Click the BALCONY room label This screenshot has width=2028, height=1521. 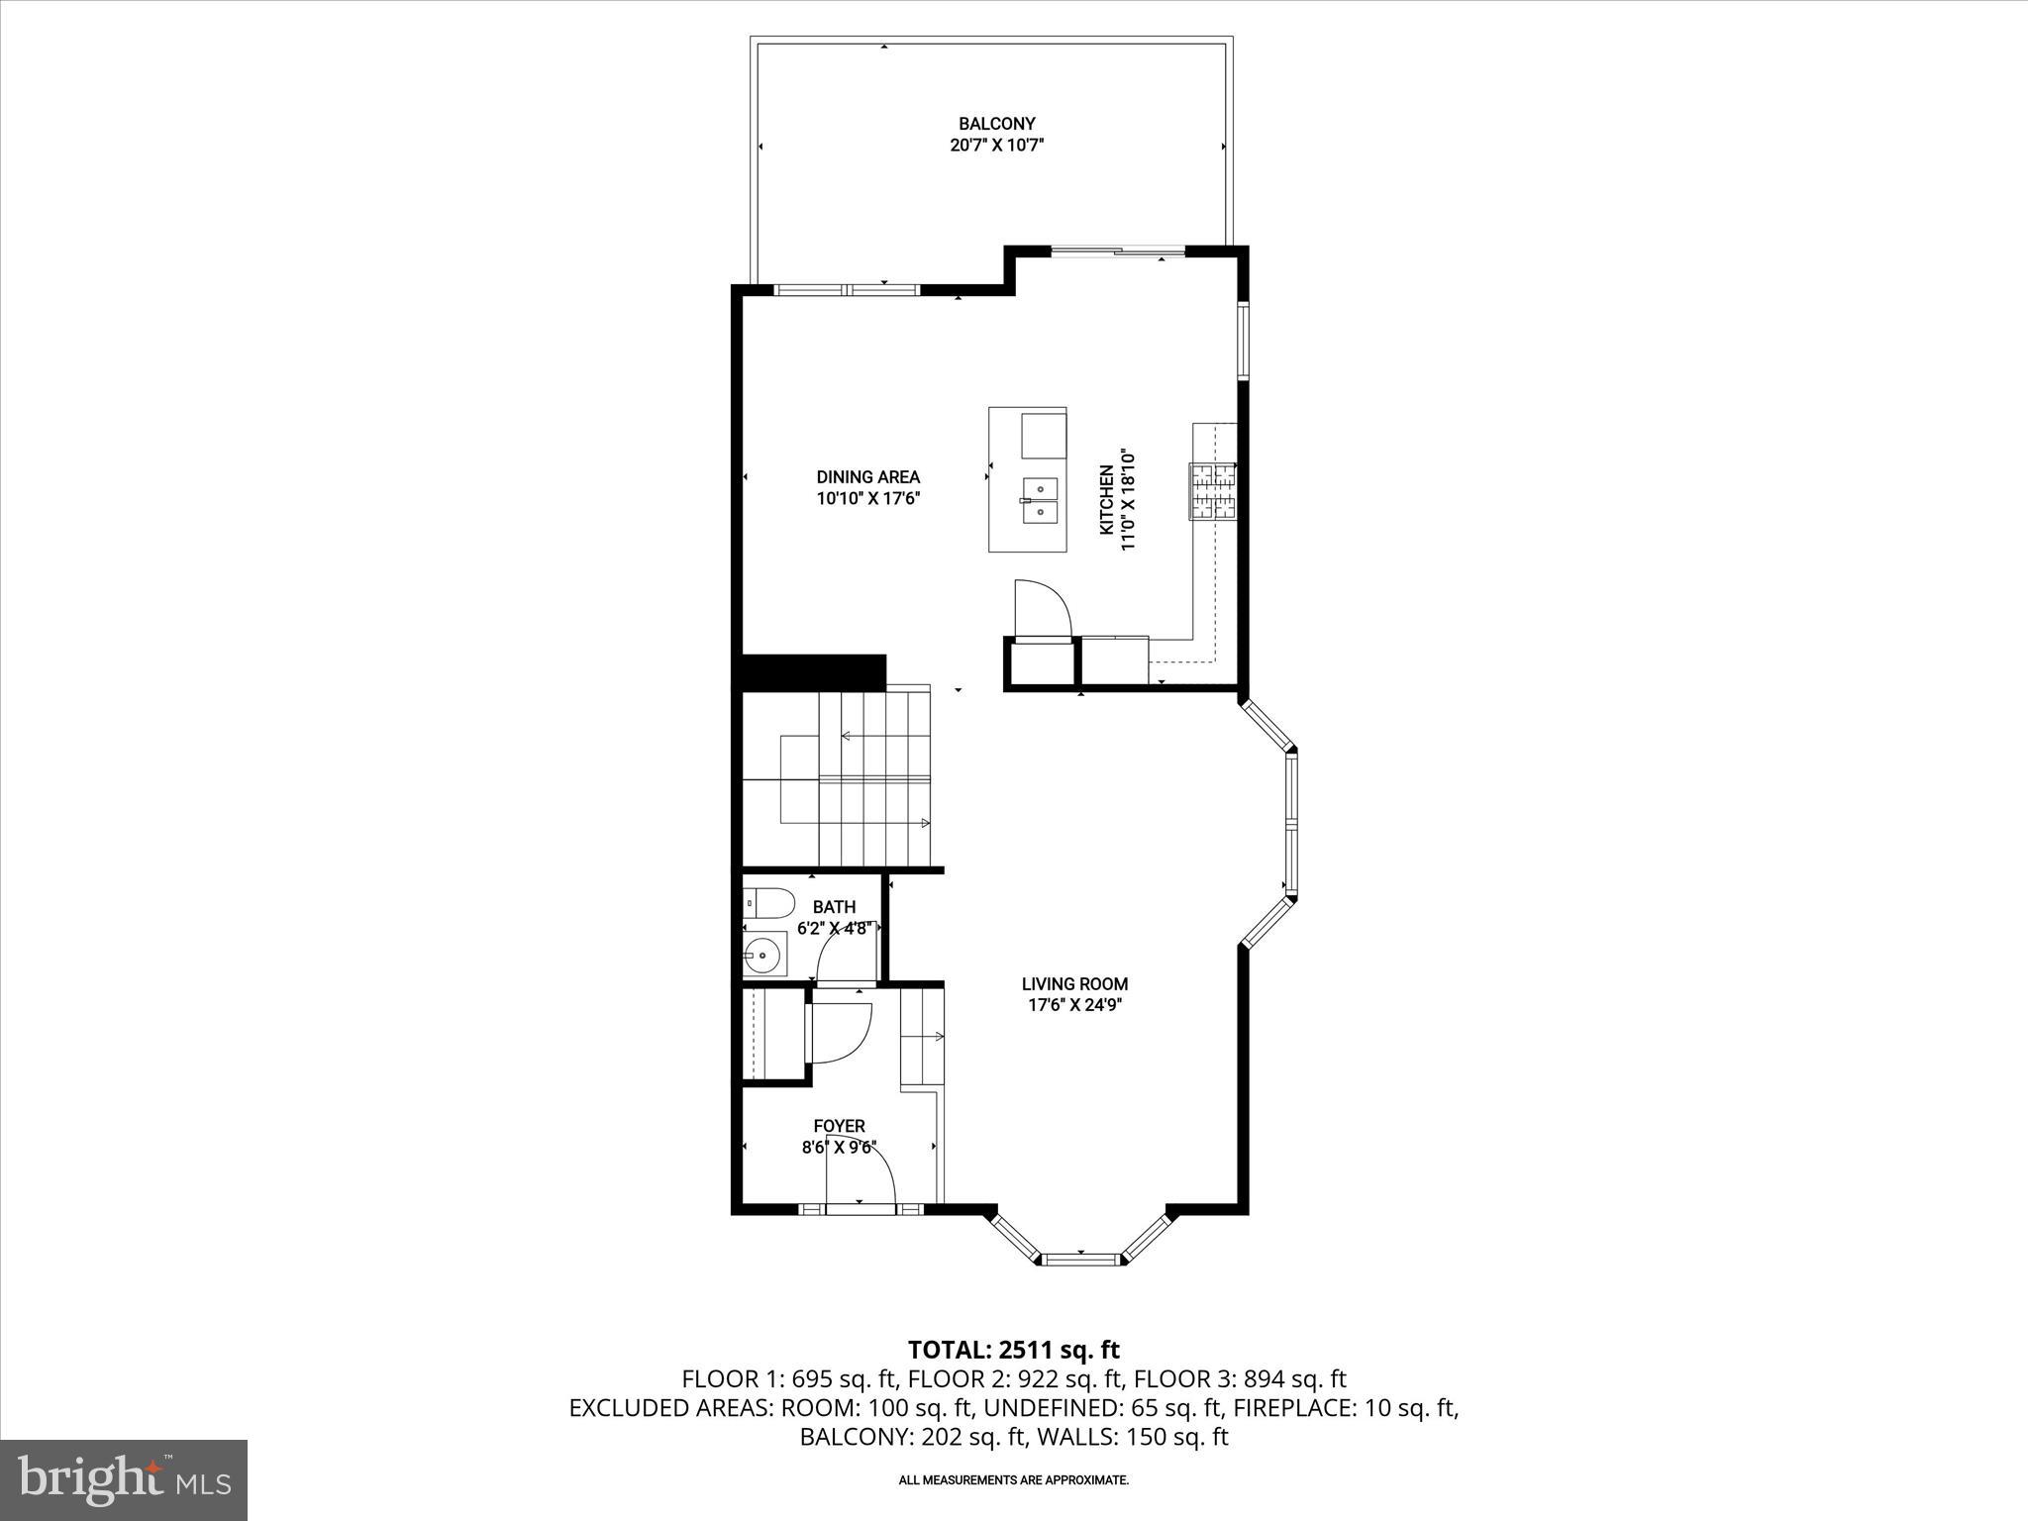coord(996,124)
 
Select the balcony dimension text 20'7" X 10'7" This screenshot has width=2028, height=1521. coord(996,145)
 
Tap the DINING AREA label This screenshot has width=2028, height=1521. coord(867,477)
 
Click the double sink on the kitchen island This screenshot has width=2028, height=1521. coord(1039,500)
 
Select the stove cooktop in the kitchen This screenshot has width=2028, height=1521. coord(1213,492)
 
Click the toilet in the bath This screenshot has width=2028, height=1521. coord(769,903)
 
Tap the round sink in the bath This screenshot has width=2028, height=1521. coord(763,956)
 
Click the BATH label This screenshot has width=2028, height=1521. coord(834,907)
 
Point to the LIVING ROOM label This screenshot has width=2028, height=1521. coord(1074,984)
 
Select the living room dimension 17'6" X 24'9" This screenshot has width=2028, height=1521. coord(1074,1005)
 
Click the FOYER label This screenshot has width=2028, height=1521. coord(839,1126)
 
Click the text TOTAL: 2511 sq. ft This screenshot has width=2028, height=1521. coord(1013,1350)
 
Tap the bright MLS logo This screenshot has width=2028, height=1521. coord(124,1478)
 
